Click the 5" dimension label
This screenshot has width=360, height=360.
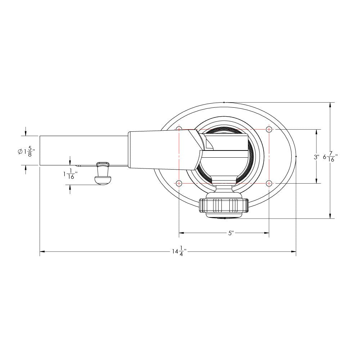231,233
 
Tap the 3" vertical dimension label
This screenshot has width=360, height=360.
316,157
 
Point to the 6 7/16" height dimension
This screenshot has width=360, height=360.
330,157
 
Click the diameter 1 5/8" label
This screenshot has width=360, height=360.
27,152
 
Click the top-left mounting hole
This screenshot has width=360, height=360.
179,129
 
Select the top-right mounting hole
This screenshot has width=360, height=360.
269,129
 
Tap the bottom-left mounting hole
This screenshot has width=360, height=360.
179,183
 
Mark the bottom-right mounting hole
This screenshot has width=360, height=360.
269,183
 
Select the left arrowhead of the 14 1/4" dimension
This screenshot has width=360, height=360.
42,251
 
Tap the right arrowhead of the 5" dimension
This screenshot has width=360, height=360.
267,233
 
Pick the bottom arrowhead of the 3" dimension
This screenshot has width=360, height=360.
316,181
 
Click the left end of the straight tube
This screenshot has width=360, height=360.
40,151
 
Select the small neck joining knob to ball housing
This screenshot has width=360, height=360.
224,190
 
